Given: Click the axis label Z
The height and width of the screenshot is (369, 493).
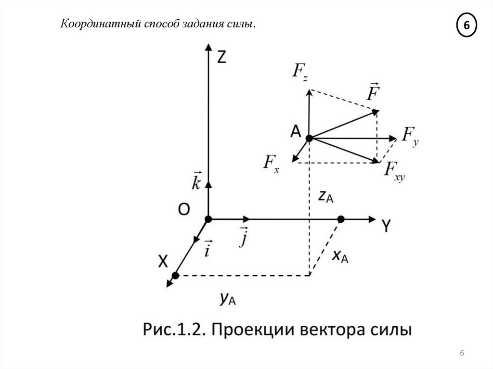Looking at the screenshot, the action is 221,57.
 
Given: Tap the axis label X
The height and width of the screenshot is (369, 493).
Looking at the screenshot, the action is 163,261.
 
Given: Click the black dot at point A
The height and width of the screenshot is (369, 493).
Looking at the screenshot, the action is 309,138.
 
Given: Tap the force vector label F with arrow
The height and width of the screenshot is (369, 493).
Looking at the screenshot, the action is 371,92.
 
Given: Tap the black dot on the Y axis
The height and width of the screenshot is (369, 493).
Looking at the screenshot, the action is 341,219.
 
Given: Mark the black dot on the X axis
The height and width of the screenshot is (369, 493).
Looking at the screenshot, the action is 175,276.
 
